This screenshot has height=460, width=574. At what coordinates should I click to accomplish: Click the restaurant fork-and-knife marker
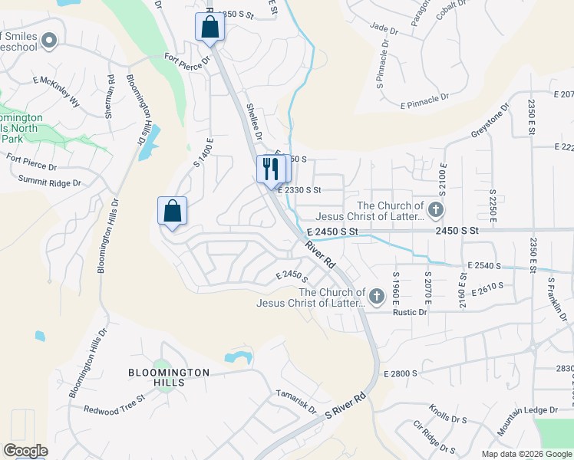269,169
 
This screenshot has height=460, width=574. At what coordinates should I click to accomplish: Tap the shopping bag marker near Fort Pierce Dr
209,28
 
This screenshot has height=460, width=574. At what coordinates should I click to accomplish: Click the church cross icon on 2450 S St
436,209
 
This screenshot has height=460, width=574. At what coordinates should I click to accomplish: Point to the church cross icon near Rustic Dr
377,296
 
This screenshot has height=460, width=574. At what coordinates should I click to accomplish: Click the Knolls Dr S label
449,415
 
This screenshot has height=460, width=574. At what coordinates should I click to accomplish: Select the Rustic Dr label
409,312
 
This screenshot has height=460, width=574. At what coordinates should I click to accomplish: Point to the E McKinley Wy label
57,90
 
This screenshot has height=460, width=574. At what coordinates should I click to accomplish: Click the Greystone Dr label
490,121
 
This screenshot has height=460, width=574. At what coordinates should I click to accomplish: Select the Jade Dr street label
384,30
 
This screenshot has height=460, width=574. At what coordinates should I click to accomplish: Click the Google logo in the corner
25,451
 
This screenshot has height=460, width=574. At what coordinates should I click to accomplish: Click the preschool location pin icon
50,41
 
